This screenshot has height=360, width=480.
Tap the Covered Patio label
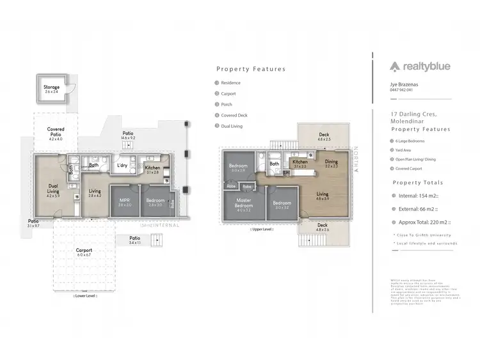coord(56,132)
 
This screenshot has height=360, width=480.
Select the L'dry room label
coord(122,166)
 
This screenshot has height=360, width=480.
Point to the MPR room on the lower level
coord(125,202)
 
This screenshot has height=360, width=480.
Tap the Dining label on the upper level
coord(331,162)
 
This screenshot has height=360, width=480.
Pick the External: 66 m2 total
coord(418,210)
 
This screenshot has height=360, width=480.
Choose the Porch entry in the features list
coord(227,104)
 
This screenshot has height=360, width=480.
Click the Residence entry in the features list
coord(230,82)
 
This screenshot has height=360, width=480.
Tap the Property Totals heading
coord(417,182)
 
